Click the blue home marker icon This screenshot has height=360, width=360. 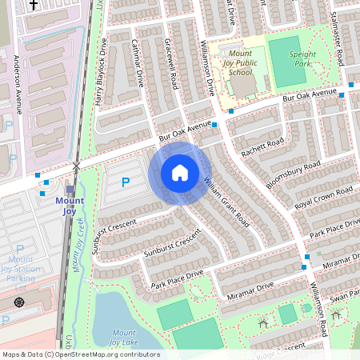pos(179,173)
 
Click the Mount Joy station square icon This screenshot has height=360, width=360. pos(70,190)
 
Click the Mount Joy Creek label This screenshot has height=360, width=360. pos(79,249)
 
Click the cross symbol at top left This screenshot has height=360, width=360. pos(33,4)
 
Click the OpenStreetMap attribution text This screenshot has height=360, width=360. pos(80,354)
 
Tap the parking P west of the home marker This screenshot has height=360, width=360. pos(125,182)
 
